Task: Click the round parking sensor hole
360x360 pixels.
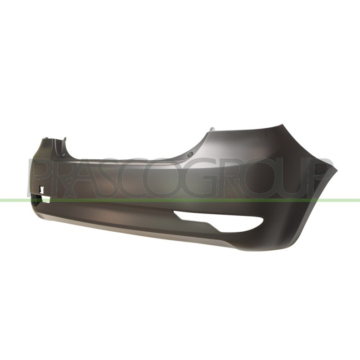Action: click(189, 154)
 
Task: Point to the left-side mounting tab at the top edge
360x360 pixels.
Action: click(65, 140)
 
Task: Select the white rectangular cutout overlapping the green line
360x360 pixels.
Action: click(46, 199)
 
